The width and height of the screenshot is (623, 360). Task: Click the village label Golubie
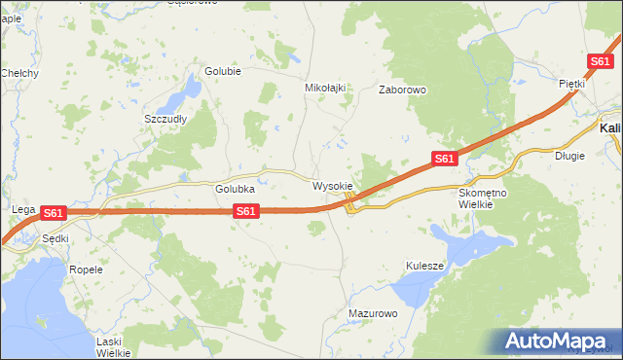coord(222,71)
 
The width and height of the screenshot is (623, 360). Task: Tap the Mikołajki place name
coord(326,87)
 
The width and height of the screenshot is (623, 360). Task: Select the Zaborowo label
coord(402,90)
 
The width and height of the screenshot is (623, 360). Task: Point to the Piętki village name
coord(570,84)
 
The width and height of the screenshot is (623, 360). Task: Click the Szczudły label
coord(165,119)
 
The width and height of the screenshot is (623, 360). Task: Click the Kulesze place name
coord(424,266)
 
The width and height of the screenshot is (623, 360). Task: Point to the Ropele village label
coord(86,269)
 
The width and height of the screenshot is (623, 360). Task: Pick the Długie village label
coord(569,155)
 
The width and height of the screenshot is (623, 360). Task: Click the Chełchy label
coord(19,73)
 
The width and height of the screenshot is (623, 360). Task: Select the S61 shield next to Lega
coord(54,212)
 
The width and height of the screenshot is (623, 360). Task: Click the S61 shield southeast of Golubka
coord(246,210)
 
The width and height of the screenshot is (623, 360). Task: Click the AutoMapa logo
coord(558,342)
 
